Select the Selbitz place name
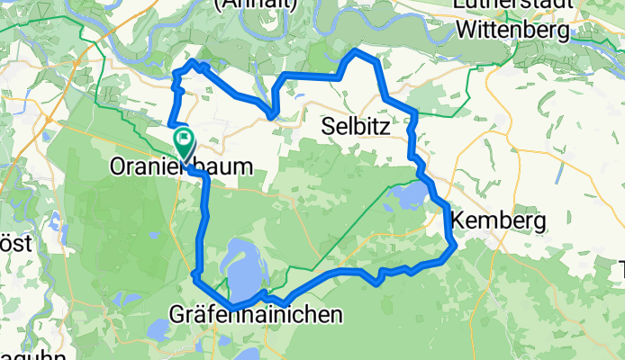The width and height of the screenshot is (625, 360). click(x=356, y=128)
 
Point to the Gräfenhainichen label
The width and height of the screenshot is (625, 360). click(x=256, y=315)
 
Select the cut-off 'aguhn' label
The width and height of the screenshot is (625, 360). click(x=32, y=355)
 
